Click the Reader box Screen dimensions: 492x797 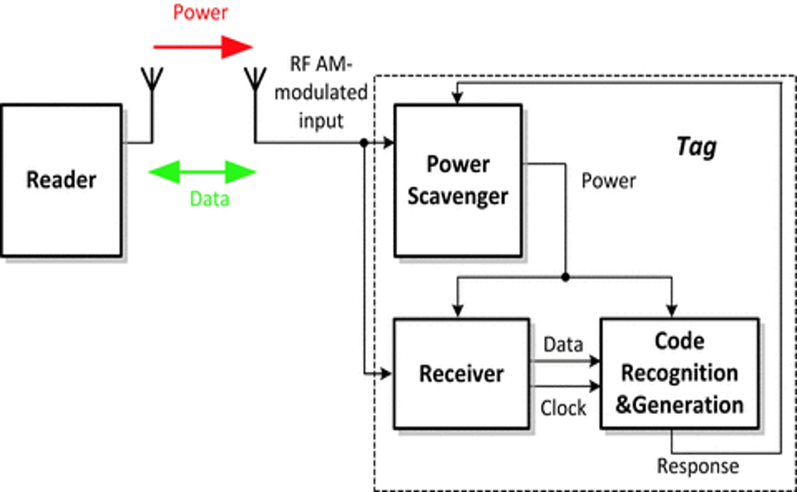(x=61, y=180)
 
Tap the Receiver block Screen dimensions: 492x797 (x=461, y=373)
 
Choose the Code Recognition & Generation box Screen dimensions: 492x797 (x=679, y=373)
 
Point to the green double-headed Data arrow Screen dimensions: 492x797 (x=203, y=172)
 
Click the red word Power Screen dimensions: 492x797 (x=201, y=13)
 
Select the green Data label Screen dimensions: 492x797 (x=210, y=198)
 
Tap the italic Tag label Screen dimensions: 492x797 (x=696, y=147)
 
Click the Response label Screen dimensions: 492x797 (x=698, y=466)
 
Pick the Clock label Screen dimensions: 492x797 (x=563, y=408)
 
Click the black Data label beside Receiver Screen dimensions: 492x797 (x=563, y=344)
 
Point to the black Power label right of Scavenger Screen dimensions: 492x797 (x=608, y=181)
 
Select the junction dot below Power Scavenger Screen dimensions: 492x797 (x=566, y=277)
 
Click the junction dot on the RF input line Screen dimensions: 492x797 (x=364, y=143)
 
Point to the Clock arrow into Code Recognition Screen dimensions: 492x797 (x=594, y=387)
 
